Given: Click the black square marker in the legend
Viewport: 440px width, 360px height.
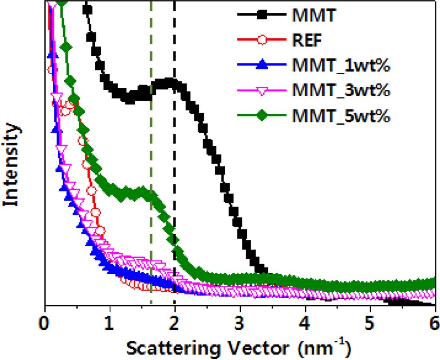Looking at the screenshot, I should click(262, 16).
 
